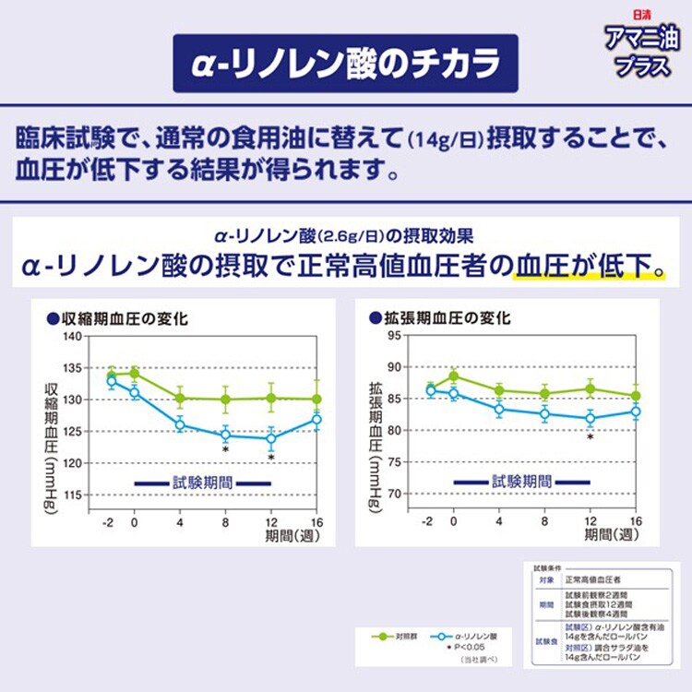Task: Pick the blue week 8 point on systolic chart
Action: pos(225,435)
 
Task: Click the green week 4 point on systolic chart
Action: pos(180,399)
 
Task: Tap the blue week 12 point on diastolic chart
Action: pos(590,418)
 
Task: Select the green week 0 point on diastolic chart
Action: pos(453,376)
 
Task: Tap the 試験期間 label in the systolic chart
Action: pos(202,482)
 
